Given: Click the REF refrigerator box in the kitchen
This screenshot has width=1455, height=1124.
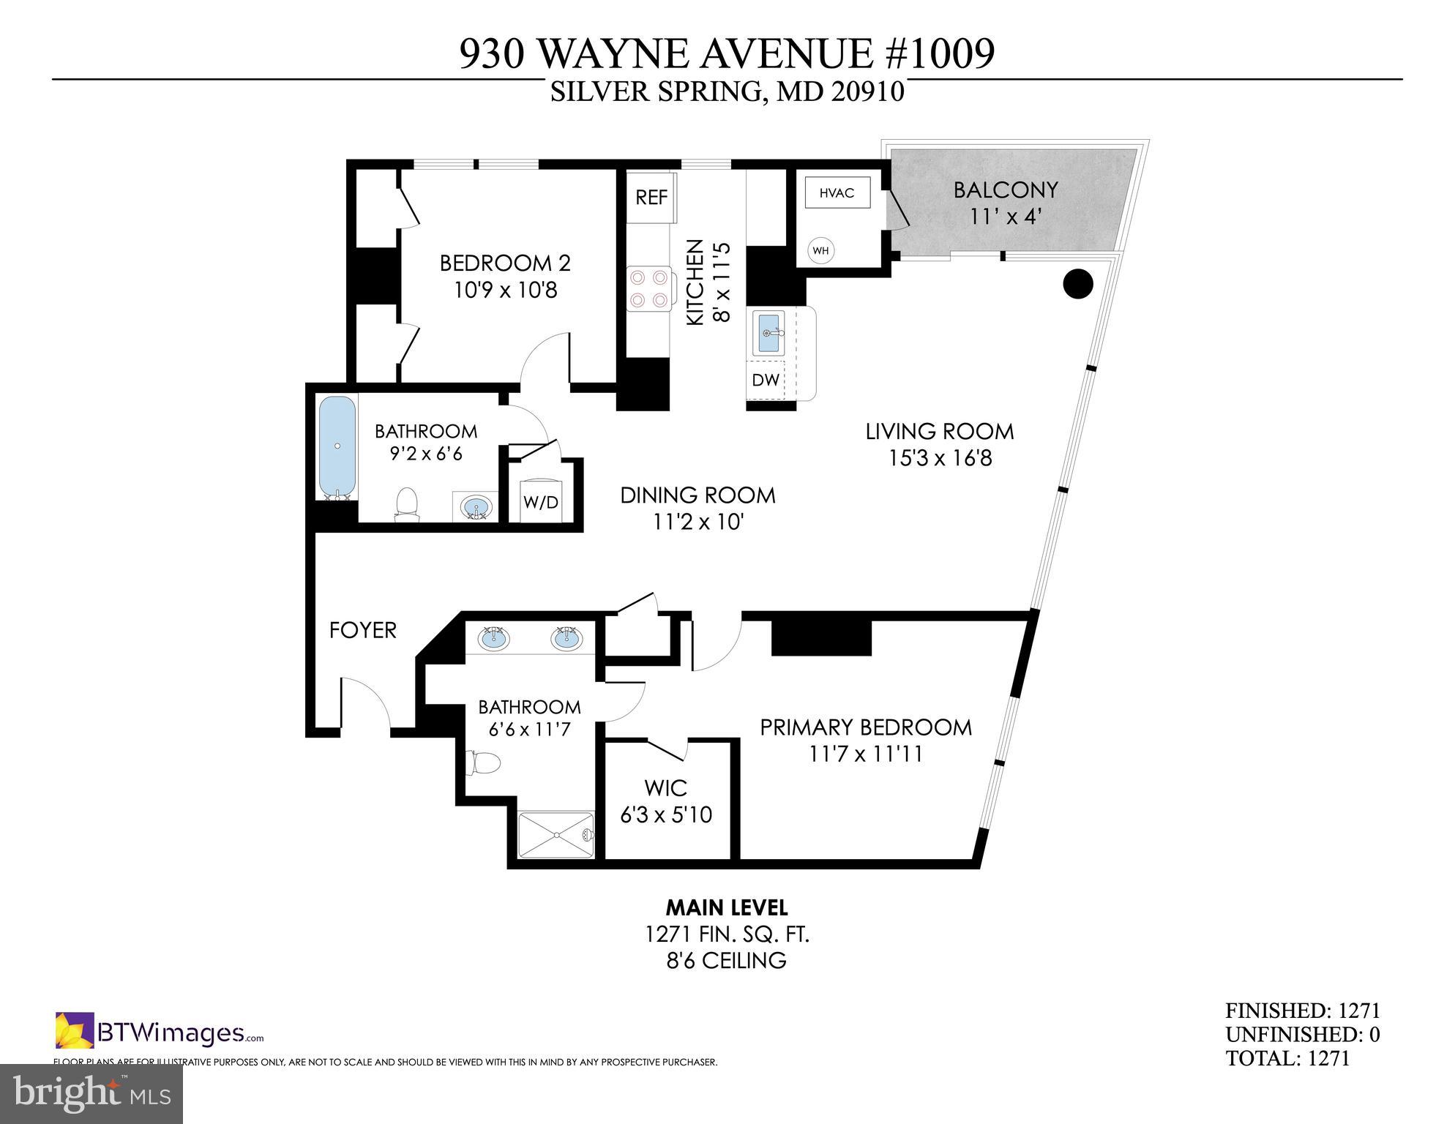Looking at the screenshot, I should click(651, 197).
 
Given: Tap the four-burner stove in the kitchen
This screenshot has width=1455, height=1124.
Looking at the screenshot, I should click(648, 288).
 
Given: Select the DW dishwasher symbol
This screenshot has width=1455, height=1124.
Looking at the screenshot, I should click(766, 381).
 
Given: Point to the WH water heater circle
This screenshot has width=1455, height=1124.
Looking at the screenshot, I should click(820, 251).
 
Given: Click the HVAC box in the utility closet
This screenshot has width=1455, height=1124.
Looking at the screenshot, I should click(837, 193).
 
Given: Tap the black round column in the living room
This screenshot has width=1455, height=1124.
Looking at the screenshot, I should click(1077, 284).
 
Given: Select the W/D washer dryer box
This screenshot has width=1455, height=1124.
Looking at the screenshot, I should click(541, 502).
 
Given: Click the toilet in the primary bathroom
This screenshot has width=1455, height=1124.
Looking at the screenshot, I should click(484, 763).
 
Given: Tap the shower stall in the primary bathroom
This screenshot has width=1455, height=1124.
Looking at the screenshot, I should click(557, 834).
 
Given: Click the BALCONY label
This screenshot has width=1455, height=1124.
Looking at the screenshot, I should click(1005, 190).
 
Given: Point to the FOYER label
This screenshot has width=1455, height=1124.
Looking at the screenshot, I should click(362, 630).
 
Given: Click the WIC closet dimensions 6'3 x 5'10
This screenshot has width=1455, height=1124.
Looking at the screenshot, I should click(666, 814).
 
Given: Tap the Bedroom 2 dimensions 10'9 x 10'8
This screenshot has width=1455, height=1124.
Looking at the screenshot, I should click(506, 291).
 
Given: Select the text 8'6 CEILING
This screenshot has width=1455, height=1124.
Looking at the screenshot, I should click(726, 960).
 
